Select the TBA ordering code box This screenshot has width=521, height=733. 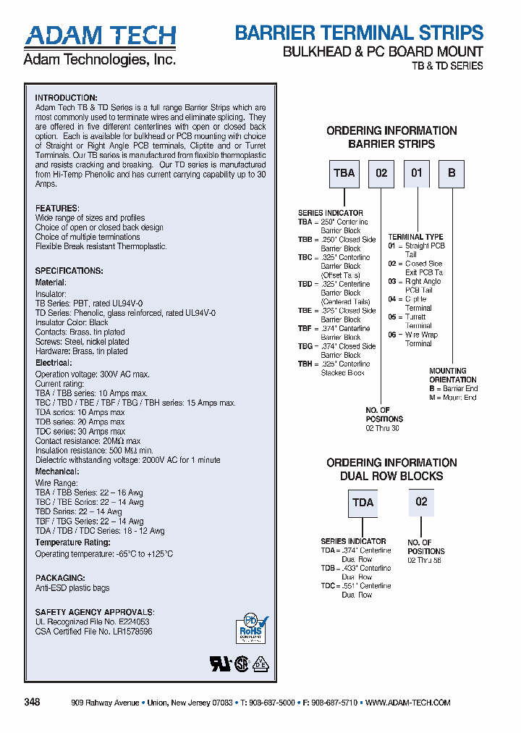point(344,173)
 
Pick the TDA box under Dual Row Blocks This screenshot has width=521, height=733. point(363,502)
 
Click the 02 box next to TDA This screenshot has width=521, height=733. point(421,502)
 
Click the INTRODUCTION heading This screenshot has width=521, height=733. point(66,98)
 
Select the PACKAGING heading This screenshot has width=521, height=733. point(61,578)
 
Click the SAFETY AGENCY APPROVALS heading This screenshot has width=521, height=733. point(94,612)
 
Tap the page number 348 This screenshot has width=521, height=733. point(32,703)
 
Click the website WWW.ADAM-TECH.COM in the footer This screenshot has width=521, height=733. point(408,703)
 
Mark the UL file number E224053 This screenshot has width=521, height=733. point(132,621)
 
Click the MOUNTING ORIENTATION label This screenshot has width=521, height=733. point(453,375)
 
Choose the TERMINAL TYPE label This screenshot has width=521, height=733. point(415,237)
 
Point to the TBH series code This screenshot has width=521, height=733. point(305,364)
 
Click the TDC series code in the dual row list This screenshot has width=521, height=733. point(328,586)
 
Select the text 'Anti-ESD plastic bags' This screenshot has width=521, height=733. point(72,588)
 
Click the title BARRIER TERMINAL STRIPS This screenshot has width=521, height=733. point(359,33)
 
